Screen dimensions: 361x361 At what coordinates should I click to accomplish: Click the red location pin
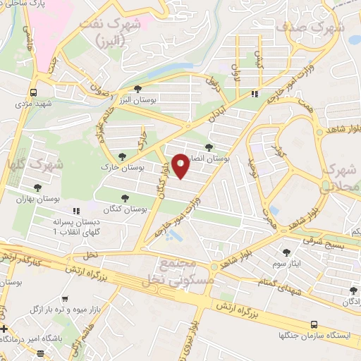[x=181, y=166]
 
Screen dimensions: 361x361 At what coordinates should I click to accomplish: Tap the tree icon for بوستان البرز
[x=137, y=88]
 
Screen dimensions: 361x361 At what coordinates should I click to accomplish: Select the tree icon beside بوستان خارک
[x=123, y=156]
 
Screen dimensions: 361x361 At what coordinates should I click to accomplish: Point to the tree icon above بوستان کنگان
[x=126, y=198]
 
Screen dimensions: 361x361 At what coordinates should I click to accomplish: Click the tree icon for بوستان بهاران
[x=36, y=188]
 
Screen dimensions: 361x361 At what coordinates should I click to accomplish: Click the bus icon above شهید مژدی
[x=33, y=92]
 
